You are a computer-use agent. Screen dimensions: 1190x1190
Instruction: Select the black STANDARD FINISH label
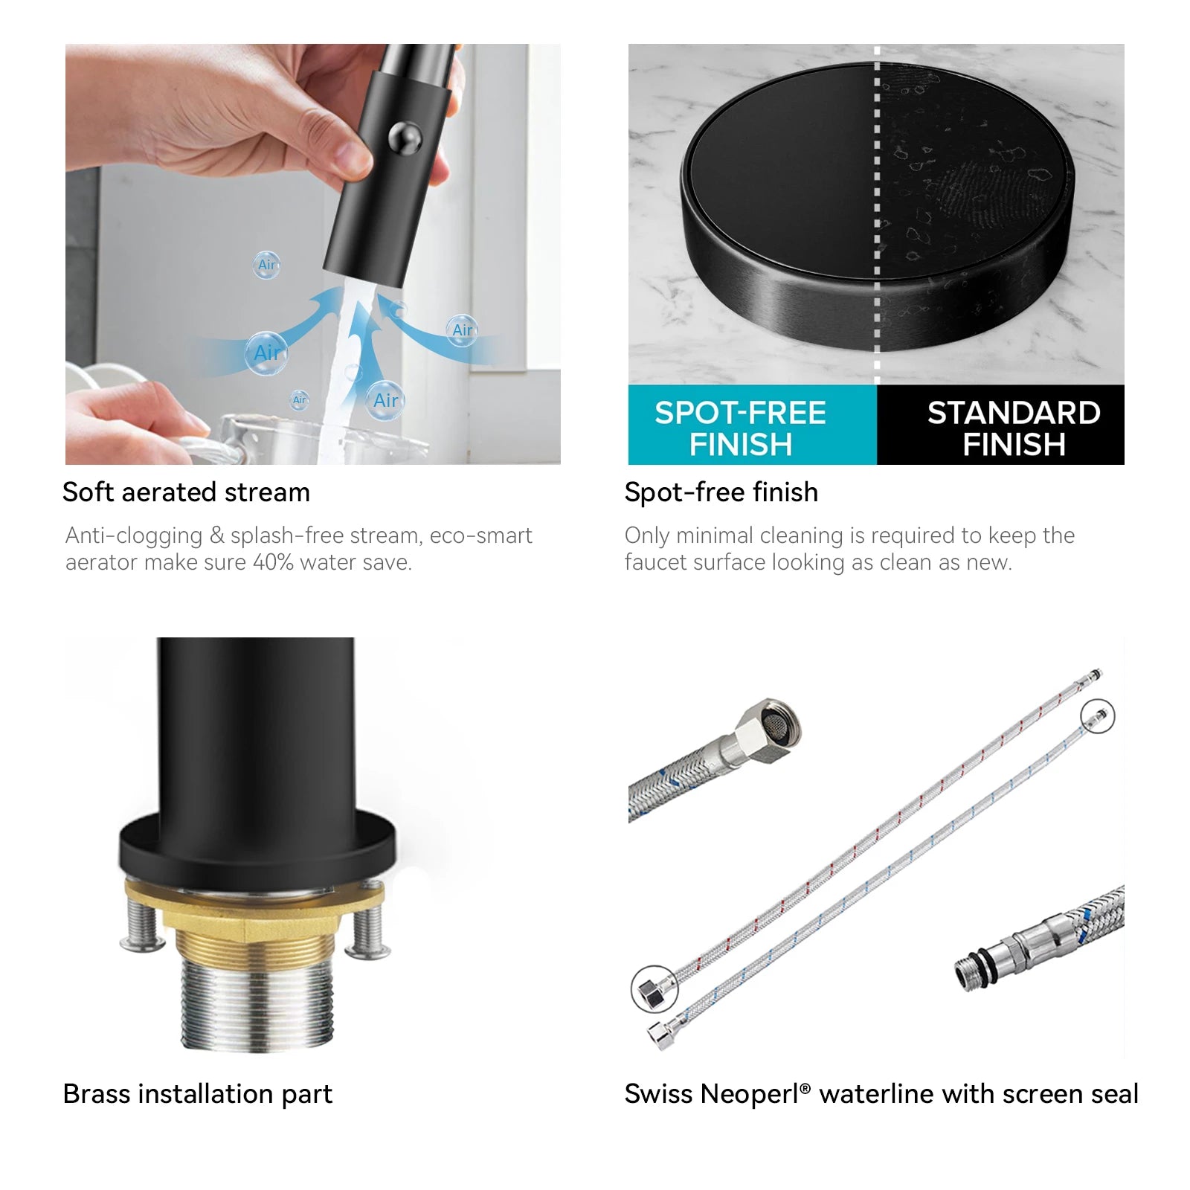[1001, 425]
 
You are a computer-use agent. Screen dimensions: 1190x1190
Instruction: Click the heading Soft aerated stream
[186, 492]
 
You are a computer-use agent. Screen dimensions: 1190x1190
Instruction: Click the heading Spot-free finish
[721, 492]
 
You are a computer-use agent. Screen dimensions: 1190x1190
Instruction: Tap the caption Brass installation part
[198, 1094]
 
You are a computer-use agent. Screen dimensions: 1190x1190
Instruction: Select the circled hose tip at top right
[1098, 717]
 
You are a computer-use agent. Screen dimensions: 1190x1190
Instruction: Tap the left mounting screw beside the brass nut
[142, 926]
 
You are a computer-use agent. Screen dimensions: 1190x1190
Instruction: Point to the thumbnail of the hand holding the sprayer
[313, 254]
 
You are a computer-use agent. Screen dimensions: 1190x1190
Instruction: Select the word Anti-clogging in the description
[134, 536]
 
